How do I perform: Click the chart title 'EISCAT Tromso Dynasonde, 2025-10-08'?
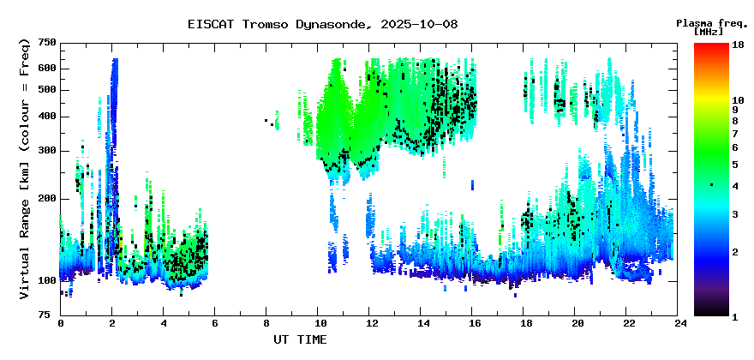click(323, 24)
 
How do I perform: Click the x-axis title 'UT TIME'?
click(300, 339)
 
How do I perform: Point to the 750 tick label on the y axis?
click(51, 44)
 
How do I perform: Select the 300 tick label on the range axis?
click(51, 151)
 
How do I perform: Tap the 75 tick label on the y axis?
click(53, 315)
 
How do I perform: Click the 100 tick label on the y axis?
click(51, 280)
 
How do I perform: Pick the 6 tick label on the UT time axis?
click(214, 324)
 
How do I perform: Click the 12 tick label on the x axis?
click(368, 324)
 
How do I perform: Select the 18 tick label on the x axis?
click(524, 324)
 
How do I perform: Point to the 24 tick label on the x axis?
click(678, 324)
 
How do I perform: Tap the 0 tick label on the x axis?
click(61, 324)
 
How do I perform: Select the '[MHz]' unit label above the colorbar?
click(709, 32)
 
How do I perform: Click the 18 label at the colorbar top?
click(738, 45)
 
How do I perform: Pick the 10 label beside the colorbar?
click(738, 100)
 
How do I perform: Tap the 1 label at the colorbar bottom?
click(736, 316)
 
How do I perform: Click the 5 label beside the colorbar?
click(736, 165)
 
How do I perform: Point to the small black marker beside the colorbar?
click(712, 185)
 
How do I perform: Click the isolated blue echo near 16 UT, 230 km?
click(472, 185)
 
